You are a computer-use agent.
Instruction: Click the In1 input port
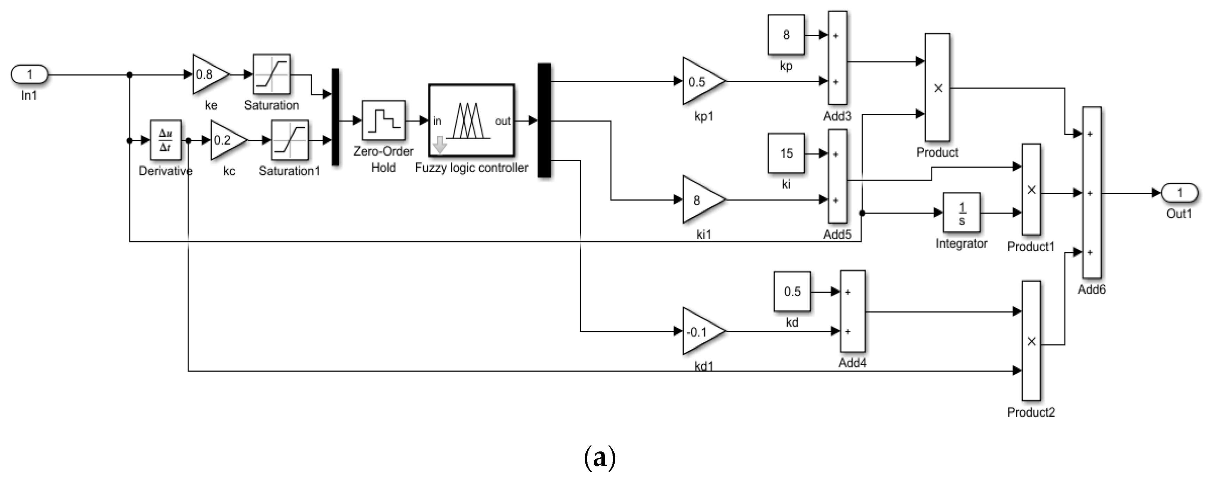tap(30, 74)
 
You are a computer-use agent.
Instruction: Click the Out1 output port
tap(1180, 193)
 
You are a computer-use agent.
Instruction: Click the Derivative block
tap(166, 140)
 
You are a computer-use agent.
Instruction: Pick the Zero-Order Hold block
tap(383, 120)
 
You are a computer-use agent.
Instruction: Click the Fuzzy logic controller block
tap(471, 120)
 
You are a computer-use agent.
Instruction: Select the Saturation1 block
tap(289, 140)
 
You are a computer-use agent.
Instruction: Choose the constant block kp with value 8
tap(786, 35)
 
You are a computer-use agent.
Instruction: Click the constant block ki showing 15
tap(786, 153)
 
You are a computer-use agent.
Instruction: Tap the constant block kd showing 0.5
tap(792, 292)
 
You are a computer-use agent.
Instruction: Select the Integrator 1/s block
tap(961, 213)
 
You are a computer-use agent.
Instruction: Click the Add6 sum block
tap(1091, 193)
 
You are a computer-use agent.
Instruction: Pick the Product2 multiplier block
tap(1031, 341)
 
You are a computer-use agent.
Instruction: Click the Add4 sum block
tap(852, 311)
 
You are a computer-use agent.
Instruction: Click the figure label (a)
tap(599, 458)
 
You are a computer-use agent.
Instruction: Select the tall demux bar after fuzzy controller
tap(544, 120)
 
